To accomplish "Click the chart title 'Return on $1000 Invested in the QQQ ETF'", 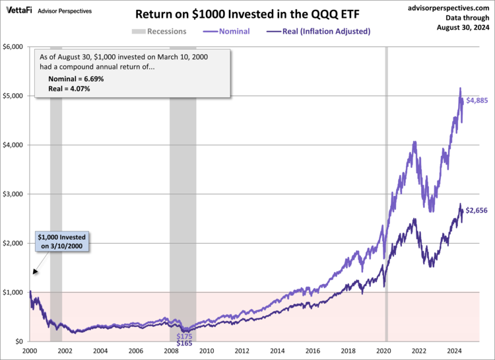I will (247, 14).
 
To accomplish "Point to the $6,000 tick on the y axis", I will (14, 47).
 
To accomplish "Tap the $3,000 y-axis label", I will (14, 194).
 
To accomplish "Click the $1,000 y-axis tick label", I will (14, 292).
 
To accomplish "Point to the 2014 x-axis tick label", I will (279, 351).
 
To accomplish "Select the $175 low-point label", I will (184, 336).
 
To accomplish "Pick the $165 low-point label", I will (184, 343).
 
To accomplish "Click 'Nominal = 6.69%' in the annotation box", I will (77, 79).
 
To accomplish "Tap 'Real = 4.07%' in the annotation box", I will (69, 88).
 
